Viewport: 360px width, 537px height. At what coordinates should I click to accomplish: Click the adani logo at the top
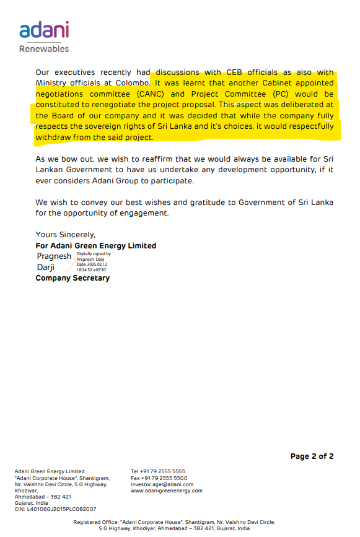pos(44,30)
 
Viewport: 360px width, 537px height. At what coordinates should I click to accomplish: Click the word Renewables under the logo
pos(44,48)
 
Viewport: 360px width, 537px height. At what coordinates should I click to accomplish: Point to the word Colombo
pos(129,82)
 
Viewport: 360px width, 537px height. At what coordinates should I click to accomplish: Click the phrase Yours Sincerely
pos(66,235)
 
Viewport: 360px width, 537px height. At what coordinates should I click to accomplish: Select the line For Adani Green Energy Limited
pos(96,246)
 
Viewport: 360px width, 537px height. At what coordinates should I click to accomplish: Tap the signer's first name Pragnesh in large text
pos(54,256)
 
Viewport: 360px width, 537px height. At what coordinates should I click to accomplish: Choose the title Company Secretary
pos(72,278)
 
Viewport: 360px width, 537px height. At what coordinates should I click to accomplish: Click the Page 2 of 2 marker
pos(312,456)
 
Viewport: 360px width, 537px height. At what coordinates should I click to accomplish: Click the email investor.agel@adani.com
pos(162,484)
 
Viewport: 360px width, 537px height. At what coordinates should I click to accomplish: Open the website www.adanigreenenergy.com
pos(166,491)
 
